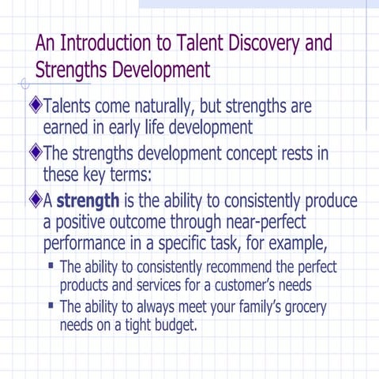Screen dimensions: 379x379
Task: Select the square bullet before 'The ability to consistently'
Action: click(x=51, y=265)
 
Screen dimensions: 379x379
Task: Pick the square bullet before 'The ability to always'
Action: click(x=51, y=305)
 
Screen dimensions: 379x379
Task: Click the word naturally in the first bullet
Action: click(x=158, y=105)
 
